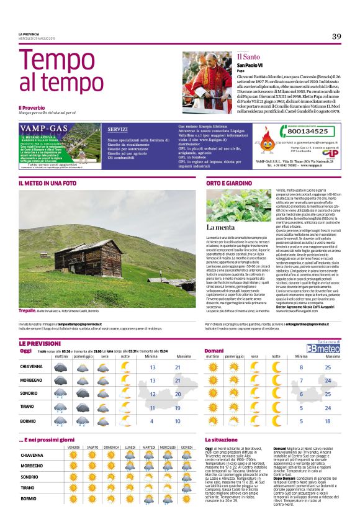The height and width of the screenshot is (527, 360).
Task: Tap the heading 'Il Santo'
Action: point(249,56)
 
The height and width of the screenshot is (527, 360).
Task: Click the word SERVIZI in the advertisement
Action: point(117,130)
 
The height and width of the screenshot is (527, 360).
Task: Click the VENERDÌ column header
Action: point(74,447)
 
